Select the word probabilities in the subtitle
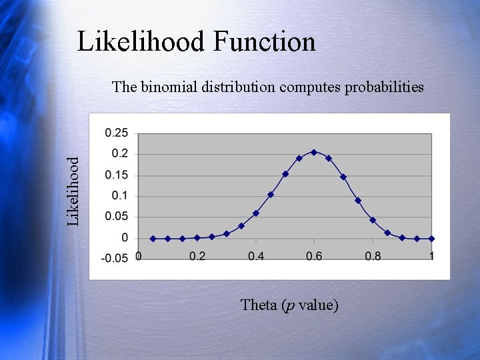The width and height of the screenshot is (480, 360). (383, 87)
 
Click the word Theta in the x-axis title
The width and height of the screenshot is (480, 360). (259, 305)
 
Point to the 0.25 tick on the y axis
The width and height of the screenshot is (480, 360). (117, 133)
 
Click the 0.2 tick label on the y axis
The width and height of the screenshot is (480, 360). (120, 154)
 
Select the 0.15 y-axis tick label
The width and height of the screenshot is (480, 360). (117, 175)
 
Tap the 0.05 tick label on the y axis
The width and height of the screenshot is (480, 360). (117, 217)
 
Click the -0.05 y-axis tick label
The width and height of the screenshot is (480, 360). (115, 259)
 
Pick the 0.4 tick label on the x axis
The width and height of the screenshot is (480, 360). (255, 257)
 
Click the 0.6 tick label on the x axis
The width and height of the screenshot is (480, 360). (314, 257)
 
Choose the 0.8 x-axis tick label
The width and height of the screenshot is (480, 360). (373, 257)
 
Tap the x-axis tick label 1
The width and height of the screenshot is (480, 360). (431, 257)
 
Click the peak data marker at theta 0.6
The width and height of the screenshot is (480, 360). (314, 152)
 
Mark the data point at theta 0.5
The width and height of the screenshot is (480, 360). (285, 174)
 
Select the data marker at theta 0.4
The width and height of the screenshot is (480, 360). (255, 213)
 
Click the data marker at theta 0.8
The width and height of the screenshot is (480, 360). (373, 220)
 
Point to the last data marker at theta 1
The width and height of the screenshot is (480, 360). (431, 238)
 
